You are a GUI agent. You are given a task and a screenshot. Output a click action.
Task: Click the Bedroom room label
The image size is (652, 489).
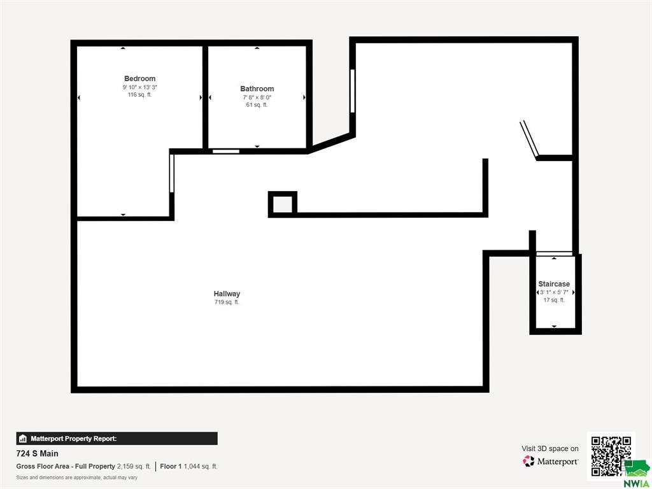[139, 78]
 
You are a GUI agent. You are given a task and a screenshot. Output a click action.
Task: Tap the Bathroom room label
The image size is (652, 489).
[257, 89]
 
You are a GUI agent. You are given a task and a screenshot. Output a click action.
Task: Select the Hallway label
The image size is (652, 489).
[227, 294]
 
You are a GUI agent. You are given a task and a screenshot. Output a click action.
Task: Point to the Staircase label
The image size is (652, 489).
[554, 284]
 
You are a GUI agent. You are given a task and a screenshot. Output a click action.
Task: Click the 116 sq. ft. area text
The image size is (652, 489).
[139, 95]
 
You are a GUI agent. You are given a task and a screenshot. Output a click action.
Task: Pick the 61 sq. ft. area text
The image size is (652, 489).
[257, 105]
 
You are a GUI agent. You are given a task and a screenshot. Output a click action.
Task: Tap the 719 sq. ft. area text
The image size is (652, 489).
[227, 302]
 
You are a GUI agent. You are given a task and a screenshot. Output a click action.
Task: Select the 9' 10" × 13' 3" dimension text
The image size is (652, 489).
[139, 87]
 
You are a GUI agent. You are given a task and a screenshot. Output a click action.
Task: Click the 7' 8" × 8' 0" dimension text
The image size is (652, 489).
[257, 97]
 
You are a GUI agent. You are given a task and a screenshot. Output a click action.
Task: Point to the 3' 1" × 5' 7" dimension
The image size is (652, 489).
[554, 292]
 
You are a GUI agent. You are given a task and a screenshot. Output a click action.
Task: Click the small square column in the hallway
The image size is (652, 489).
[283, 204]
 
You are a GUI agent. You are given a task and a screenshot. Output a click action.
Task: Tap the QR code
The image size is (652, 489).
[611, 456]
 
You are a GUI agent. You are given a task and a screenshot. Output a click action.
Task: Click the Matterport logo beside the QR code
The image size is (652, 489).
[550, 461]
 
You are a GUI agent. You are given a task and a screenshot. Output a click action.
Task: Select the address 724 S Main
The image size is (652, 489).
[38, 453]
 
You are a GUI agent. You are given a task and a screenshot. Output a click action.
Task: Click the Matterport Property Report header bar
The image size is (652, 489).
[117, 439]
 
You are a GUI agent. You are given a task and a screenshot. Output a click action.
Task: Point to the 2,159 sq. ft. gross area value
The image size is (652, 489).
[134, 467]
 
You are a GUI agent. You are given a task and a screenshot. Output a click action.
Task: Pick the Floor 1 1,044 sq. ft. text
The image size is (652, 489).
[188, 467]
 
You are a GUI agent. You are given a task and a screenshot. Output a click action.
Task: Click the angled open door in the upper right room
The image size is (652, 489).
[529, 139]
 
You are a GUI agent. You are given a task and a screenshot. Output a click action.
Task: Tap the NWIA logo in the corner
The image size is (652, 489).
[636, 474]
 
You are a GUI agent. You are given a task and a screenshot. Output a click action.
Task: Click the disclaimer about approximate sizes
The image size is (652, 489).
[77, 478]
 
